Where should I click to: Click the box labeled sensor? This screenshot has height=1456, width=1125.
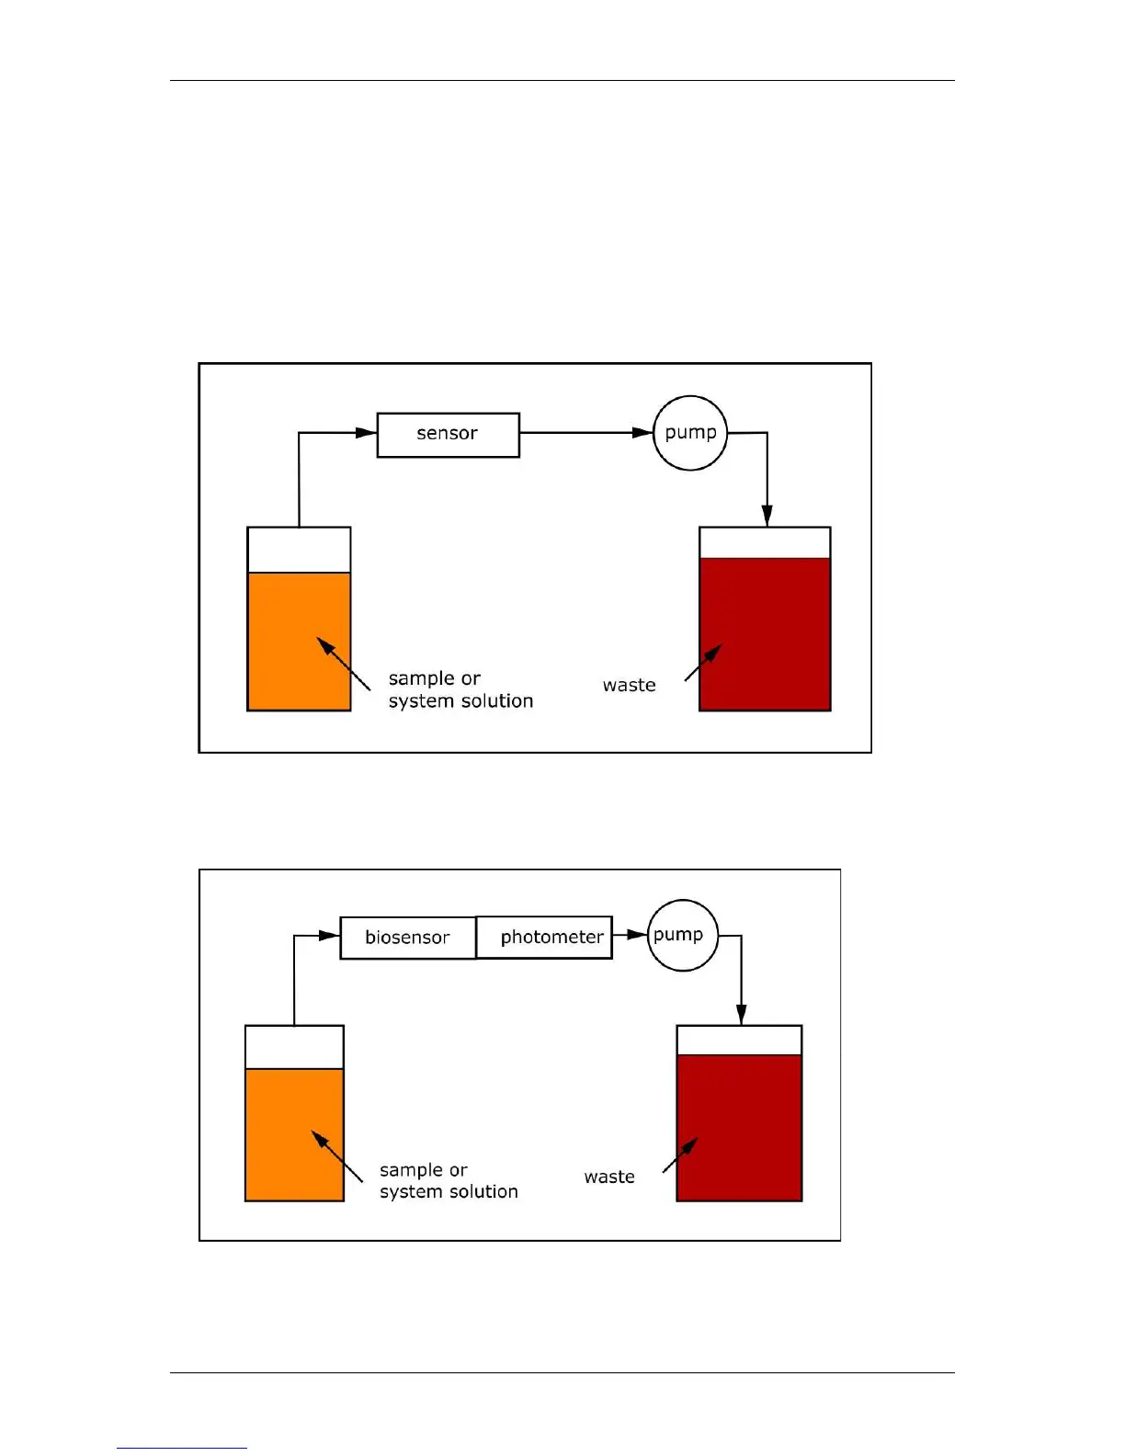click(x=448, y=435)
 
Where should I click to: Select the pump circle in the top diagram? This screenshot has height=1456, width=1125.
click(x=690, y=433)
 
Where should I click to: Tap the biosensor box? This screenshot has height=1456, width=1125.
click(x=407, y=938)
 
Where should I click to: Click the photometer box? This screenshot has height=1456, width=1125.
click(x=544, y=938)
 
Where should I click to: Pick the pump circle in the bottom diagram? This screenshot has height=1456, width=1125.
click(x=682, y=936)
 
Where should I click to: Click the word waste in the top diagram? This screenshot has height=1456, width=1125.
click(x=629, y=686)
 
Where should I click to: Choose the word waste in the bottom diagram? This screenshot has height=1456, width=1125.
click(x=609, y=1177)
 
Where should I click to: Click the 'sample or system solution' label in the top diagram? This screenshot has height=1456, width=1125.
click(x=460, y=689)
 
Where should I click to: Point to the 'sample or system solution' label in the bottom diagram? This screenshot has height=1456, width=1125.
click(x=448, y=1181)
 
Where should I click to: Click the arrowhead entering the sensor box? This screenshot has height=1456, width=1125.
click(x=366, y=433)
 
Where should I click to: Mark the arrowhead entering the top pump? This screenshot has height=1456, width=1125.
click(x=642, y=433)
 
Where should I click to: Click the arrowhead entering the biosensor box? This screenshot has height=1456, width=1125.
click(x=329, y=936)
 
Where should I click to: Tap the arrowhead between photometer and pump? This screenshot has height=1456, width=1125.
click(x=637, y=936)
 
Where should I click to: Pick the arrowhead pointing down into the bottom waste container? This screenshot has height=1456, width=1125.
click(x=741, y=1014)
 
